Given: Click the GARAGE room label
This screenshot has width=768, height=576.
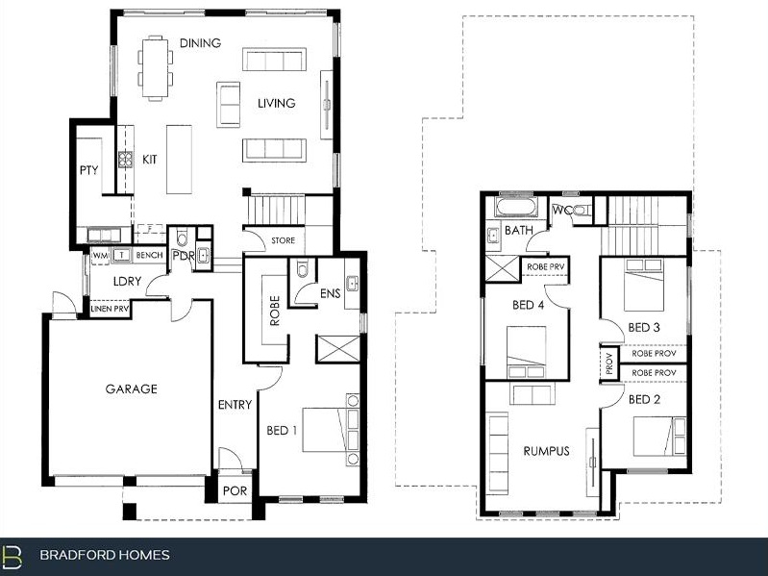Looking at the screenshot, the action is click(x=132, y=388).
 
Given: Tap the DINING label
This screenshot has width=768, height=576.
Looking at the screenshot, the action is click(x=200, y=43).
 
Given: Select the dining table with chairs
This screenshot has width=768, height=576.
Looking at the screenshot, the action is click(x=156, y=68).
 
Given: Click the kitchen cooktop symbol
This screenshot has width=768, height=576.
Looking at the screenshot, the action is click(x=125, y=160).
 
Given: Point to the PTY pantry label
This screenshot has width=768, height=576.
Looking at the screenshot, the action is click(x=89, y=170).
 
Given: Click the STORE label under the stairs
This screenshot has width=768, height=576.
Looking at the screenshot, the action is click(x=284, y=240).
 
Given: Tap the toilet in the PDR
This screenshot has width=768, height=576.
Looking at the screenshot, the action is click(x=182, y=237).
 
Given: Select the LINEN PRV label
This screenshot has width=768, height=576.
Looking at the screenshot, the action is click(x=111, y=309).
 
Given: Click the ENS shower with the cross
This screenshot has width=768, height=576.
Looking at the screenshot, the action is click(x=338, y=348).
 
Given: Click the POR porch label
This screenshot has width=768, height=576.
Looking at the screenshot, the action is click(x=235, y=490).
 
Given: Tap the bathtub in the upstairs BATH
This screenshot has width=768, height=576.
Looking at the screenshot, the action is click(x=516, y=206).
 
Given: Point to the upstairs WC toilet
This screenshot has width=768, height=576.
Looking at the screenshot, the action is click(x=582, y=212).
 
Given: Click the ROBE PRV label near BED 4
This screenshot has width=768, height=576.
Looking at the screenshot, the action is click(x=546, y=267).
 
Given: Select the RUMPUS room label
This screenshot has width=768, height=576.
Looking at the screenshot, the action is click(x=546, y=451).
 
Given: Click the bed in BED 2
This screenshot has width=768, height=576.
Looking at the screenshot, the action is click(x=659, y=436).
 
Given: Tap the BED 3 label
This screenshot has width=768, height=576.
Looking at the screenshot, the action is click(x=644, y=327).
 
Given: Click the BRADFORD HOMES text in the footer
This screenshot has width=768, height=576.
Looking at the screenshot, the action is click(x=105, y=555).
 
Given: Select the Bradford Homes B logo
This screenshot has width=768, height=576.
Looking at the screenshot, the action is click(x=12, y=556).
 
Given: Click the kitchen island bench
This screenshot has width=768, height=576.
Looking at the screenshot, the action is click(x=179, y=160).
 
